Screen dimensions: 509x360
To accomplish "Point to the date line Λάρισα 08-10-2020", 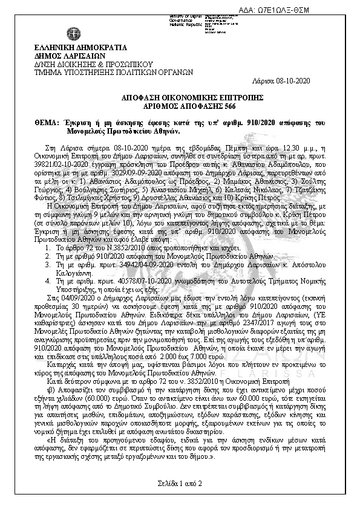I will point(283,80).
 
